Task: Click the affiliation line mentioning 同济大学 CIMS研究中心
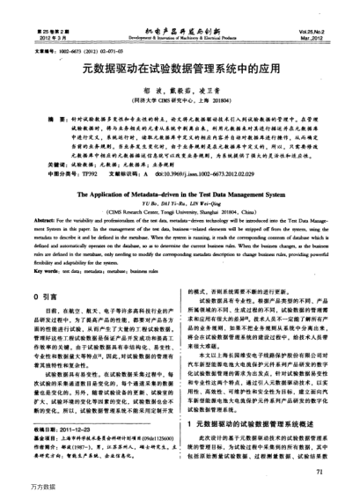pyautogui.click(x=180, y=101)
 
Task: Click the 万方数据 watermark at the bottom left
pyautogui.click(x=18, y=488)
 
